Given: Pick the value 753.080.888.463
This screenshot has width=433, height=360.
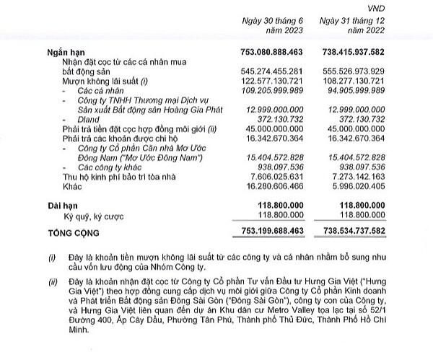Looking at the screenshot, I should pos(283,54).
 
